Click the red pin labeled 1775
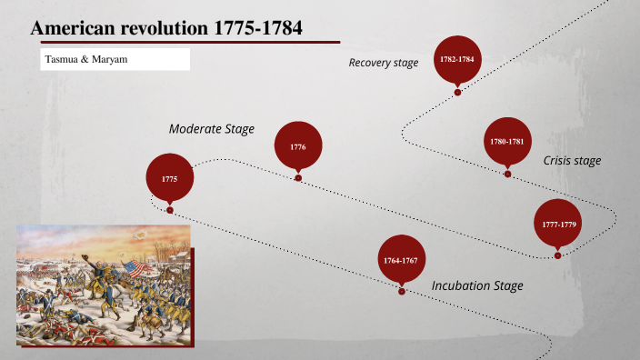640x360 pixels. (x=170, y=179)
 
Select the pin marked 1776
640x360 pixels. (x=298, y=146)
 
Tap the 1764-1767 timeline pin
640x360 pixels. (x=401, y=261)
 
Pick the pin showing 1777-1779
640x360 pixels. (x=557, y=224)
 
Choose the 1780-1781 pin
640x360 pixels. (x=507, y=142)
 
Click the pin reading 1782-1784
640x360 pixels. (x=457, y=59)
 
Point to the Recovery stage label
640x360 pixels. (x=384, y=63)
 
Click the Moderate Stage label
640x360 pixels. (x=212, y=129)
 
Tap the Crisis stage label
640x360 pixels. (x=572, y=161)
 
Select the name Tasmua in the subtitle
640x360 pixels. (x=61, y=59)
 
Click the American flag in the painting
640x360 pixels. (x=136, y=269)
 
